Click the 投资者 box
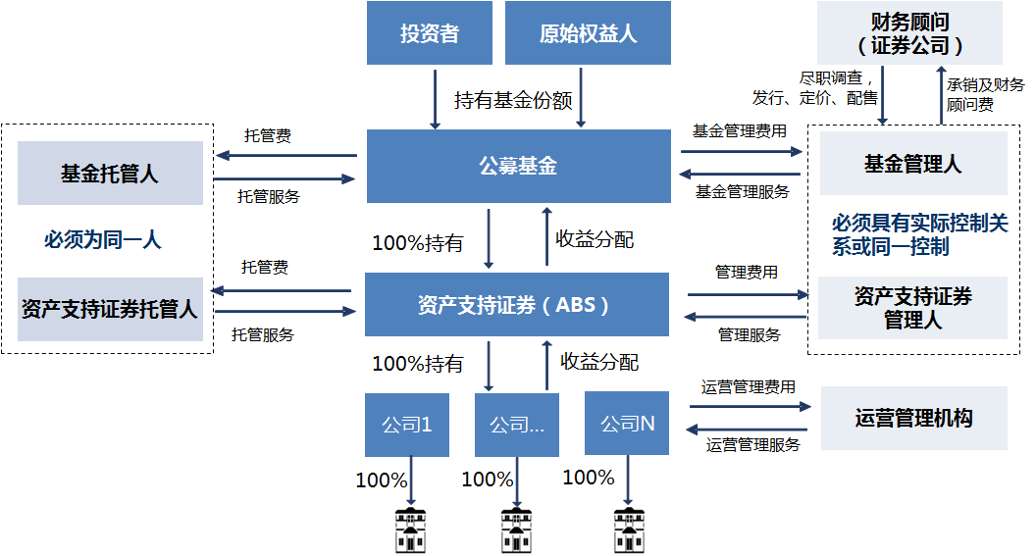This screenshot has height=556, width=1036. (x=429, y=33)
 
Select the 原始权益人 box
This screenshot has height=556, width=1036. (x=588, y=33)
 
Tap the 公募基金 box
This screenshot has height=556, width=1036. (x=517, y=166)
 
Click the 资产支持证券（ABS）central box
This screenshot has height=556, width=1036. (x=516, y=304)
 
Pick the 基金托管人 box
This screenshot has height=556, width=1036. (x=109, y=174)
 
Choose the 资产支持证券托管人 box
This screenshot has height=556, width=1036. (x=109, y=310)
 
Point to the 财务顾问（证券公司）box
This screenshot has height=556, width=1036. (x=909, y=33)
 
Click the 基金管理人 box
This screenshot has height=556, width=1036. (x=912, y=165)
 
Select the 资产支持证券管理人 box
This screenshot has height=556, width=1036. (x=912, y=308)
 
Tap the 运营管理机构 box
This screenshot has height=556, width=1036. (x=913, y=418)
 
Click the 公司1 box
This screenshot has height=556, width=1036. (x=406, y=425)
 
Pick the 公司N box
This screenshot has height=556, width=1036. (x=627, y=424)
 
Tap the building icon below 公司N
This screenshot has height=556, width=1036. (x=628, y=531)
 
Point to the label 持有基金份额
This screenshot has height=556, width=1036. (x=512, y=100)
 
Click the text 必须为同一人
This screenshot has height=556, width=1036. (x=102, y=240)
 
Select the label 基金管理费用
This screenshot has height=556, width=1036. (x=739, y=130)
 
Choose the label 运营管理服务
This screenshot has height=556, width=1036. (x=752, y=444)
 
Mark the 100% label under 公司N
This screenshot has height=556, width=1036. (x=589, y=478)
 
